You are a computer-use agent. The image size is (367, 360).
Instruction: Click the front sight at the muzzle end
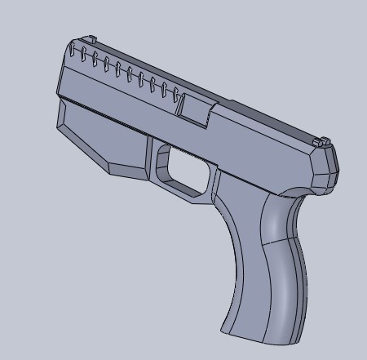point(92,39)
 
